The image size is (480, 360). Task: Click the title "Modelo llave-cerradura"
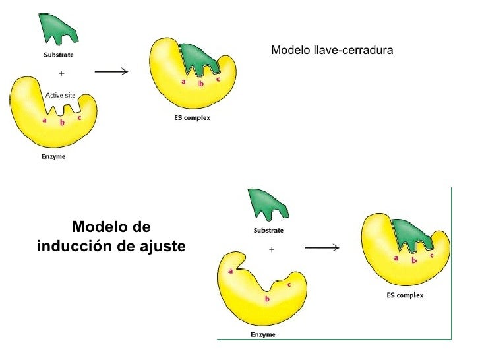[x=332, y=49]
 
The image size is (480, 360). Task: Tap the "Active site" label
[x=60, y=96]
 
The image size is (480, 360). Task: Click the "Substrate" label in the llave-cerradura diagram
[x=59, y=55]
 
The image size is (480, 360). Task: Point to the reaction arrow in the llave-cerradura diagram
[x=111, y=71]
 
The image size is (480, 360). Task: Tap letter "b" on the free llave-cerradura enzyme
[x=62, y=123]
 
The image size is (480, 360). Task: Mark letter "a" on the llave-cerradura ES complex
[x=183, y=82]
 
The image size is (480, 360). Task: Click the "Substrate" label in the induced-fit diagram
[x=268, y=231]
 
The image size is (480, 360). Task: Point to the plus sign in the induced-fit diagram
[x=271, y=250]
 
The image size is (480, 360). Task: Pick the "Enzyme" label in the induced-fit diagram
[x=263, y=334]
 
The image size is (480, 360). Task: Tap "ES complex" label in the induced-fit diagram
[x=405, y=295]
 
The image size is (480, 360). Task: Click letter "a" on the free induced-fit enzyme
[x=231, y=271]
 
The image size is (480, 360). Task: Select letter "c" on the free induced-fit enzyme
[x=289, y=284]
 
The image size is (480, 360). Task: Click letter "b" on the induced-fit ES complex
[x=414, y=260]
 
